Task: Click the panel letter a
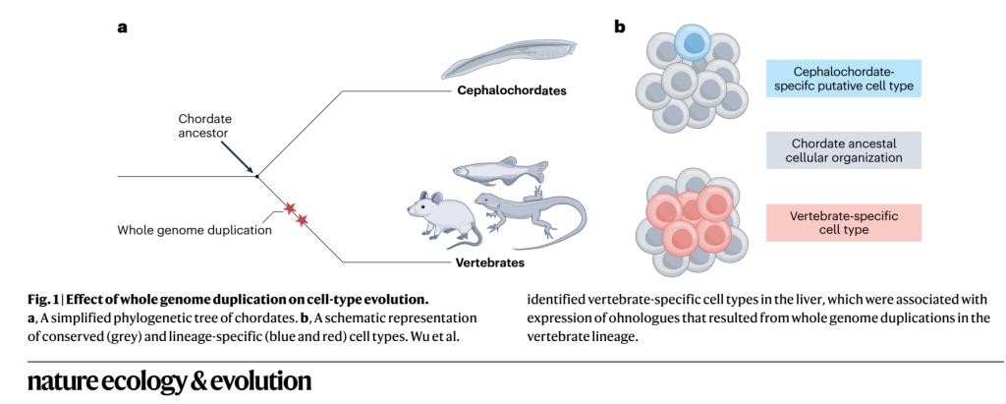pos(123,27)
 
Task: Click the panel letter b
pos(620,27)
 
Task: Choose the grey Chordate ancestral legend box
pos(844,150)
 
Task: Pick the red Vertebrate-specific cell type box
pos(844,222)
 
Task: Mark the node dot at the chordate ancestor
pos(257,177)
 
